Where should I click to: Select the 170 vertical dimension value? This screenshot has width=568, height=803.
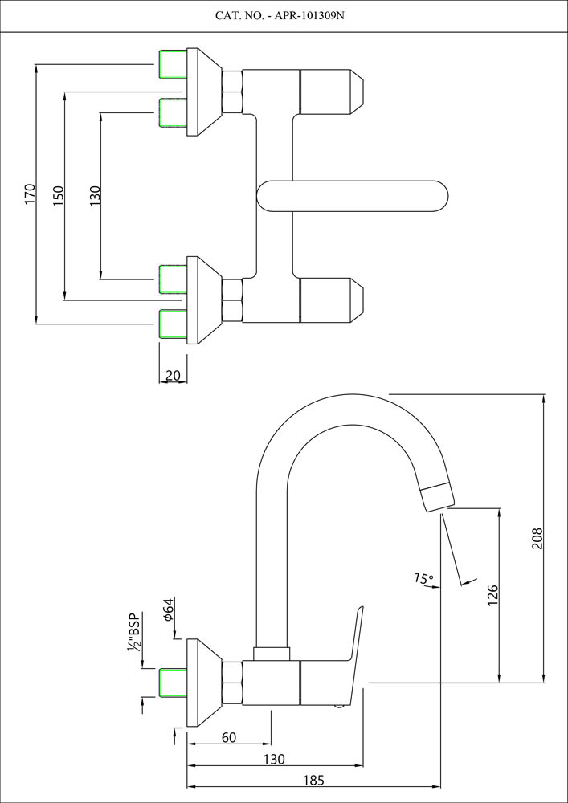tap(31, 195)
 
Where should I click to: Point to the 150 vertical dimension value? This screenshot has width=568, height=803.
tap(59, 195)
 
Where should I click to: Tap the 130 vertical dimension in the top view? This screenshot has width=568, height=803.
tap(95, 196)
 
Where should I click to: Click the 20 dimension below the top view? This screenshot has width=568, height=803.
tap(173, 376)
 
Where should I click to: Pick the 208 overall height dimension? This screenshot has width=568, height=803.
tap(537, 538)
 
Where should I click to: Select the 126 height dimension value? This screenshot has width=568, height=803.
tap(493, 593)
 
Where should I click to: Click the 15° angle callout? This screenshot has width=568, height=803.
tap(423, 578)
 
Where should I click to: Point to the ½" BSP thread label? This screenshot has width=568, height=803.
tap(133, 634)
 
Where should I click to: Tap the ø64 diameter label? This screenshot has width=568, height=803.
tap(168, 610)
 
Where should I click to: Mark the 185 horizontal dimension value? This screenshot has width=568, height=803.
tap(314, 780)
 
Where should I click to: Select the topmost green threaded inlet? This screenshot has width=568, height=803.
tap(173, 64)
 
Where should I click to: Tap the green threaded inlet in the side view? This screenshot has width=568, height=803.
tap(173, 683)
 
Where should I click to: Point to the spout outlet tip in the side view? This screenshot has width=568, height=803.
tap(437, 494)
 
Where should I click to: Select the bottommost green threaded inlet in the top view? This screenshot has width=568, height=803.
tap(173, 324)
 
